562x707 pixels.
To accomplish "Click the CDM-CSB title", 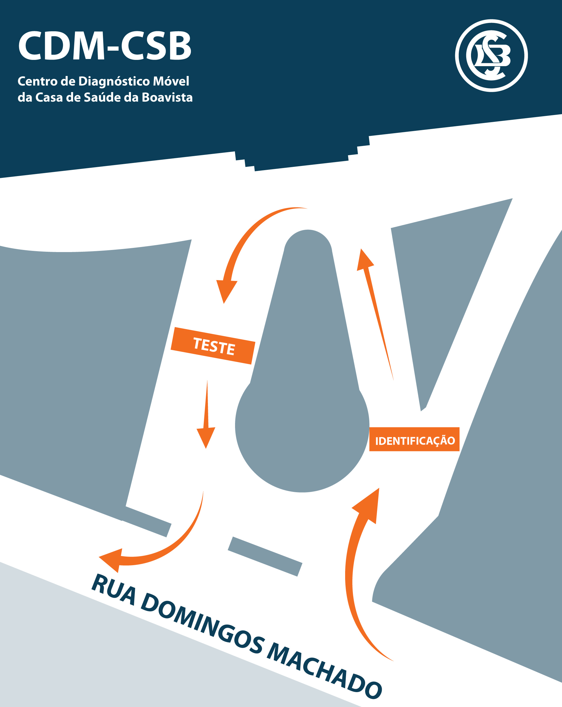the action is (105, 46).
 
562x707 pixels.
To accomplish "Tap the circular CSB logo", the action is (491, 55).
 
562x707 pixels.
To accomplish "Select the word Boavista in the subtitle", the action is (167, 97).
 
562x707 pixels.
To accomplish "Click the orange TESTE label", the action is (213, 346).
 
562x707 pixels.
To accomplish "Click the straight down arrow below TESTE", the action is (206, 414).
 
